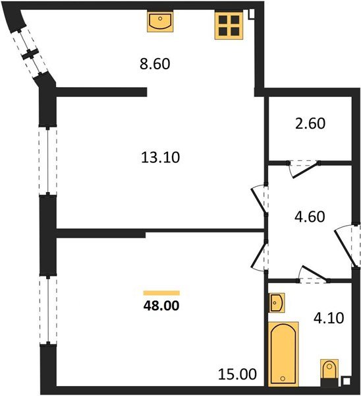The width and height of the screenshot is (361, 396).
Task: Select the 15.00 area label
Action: pos(237,374)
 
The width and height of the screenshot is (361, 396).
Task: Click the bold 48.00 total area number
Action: pos(161,305)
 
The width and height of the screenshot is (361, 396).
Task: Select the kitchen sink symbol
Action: pos(159,22)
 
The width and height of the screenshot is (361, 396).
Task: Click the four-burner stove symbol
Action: pos(228,24)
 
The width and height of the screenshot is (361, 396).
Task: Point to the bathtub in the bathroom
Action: pos(284,352)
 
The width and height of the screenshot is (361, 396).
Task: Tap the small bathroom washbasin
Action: pos(277,304)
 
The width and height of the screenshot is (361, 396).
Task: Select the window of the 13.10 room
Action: pos(47,160)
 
